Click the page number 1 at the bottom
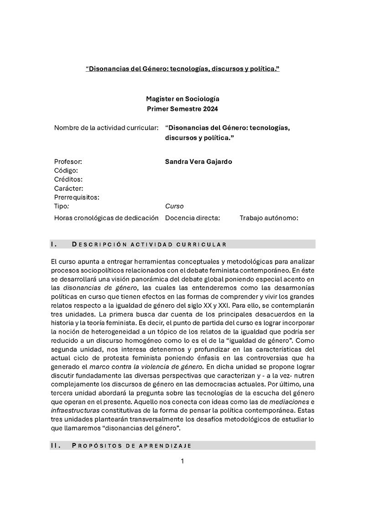click(x=182, y=461)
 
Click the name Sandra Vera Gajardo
click(x=198, y=162)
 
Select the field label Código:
click(x=66, y=170)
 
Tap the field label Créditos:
click(x=68, y=179)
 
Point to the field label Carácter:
click(x=68, y=188)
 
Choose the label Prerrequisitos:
click(x=77, y=197)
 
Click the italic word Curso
click(x=174, y=206)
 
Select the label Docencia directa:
click(x=193, y=218)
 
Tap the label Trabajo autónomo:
click(x=269, y=218)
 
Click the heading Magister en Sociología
click(x=182, y=99)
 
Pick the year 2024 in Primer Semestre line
click(x=209, y=109)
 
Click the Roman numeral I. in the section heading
click(x=53, y=244)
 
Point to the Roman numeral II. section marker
click(x=55, y=445)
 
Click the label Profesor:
click(x=68, y=162)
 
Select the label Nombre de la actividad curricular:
click(x=106, y=127)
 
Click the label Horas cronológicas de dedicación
click(x=106, y=218)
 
